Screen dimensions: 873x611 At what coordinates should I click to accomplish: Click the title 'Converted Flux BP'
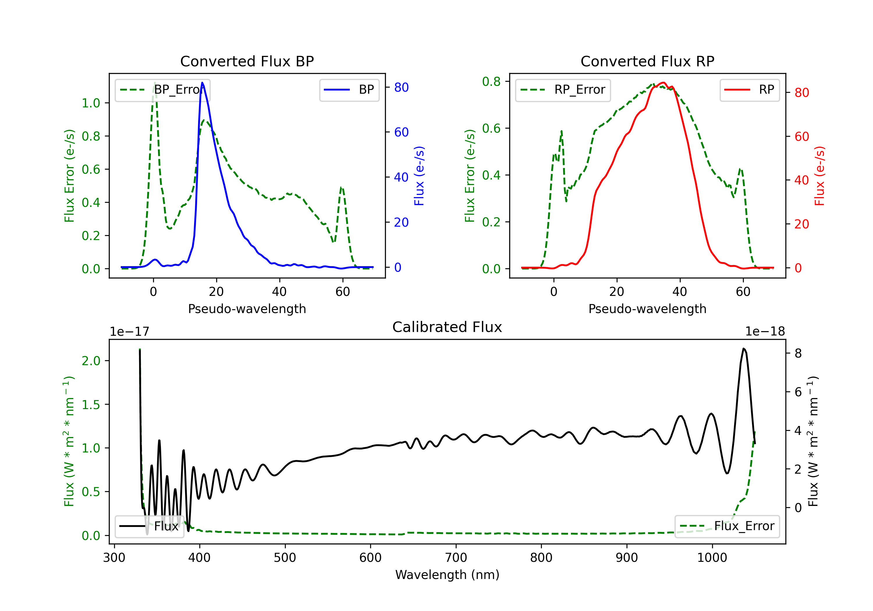(247, 61)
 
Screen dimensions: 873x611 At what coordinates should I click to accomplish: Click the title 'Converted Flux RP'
(647, 61)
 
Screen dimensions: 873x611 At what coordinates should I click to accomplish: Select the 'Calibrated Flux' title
(447, 327)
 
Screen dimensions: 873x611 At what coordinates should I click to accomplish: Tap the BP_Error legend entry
(162, 90)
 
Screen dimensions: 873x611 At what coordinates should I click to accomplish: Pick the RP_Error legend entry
(563, 90)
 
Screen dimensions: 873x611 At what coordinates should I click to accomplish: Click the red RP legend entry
(749, 90)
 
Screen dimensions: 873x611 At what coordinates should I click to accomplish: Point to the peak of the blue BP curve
(202, 83)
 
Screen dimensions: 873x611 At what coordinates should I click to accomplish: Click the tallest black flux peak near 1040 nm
(744, 348)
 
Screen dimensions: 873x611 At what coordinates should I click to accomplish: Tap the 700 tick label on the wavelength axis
(456, 558)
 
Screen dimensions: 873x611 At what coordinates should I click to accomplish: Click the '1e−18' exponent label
(765, 332)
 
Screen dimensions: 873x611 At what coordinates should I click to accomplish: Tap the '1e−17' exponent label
(130, 332)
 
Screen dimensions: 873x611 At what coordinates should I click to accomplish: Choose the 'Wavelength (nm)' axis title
(447, 575)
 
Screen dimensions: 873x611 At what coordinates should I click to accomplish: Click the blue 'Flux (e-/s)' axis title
(419, 176)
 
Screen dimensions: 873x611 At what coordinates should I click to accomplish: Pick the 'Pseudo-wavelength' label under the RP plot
(647, 309)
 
